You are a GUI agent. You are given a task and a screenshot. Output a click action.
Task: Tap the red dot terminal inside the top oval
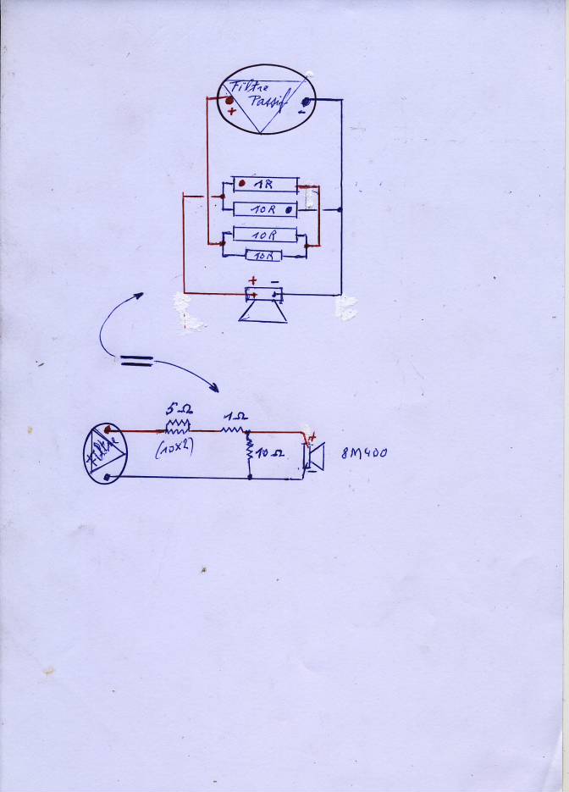point(229,100)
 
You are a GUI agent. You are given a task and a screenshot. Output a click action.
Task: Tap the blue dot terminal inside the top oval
point(305,101)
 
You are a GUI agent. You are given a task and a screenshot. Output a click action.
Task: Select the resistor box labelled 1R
point(265,184)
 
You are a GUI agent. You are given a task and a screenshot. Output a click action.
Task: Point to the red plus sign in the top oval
point(232,111)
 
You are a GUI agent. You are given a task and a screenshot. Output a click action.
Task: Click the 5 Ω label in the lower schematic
point(176,408)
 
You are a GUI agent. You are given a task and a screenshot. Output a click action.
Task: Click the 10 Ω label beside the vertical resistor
point(271,454)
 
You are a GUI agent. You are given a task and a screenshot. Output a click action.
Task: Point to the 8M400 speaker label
point(363,453)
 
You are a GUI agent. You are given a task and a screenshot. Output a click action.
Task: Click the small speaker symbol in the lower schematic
point(314,457)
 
